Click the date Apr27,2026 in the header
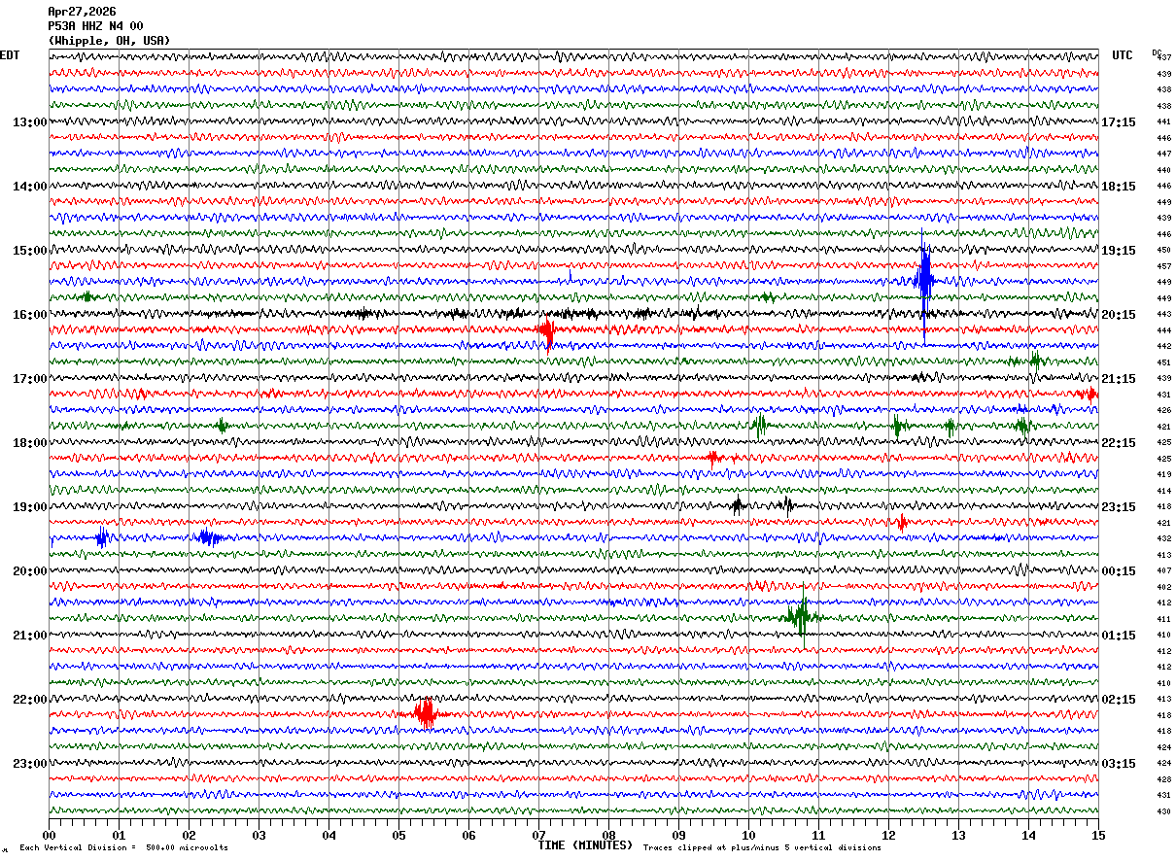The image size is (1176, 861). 82,12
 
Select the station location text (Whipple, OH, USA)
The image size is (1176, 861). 109,41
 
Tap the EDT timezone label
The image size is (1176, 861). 10,55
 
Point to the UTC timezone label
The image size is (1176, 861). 1123,55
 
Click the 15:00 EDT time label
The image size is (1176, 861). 29,251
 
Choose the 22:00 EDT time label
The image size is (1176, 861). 29,700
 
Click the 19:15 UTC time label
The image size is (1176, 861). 1118,251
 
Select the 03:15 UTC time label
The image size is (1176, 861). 1118,764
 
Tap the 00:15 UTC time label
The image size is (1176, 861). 1118,571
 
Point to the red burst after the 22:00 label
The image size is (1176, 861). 425,714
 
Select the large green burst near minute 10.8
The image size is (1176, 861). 801,615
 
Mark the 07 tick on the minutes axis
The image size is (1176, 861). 539,835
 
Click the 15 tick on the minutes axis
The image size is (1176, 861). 1097,835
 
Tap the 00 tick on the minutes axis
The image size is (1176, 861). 49,835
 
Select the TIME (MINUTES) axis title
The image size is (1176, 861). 585,845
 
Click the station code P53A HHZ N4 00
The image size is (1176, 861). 95,26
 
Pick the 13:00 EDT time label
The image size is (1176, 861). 29,122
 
